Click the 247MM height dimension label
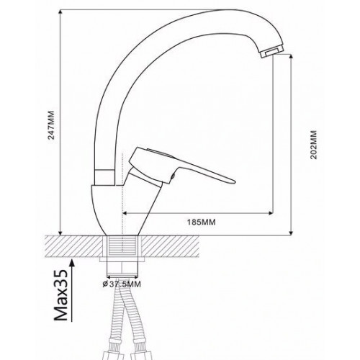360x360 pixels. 52,125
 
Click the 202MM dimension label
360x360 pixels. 313,145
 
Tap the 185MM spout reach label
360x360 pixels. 201,222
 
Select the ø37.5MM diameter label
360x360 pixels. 122,284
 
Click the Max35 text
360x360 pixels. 60,295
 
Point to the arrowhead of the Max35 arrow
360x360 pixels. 72,264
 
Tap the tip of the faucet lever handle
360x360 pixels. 235,182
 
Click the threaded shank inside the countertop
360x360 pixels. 122,246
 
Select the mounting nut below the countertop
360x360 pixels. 122,267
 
